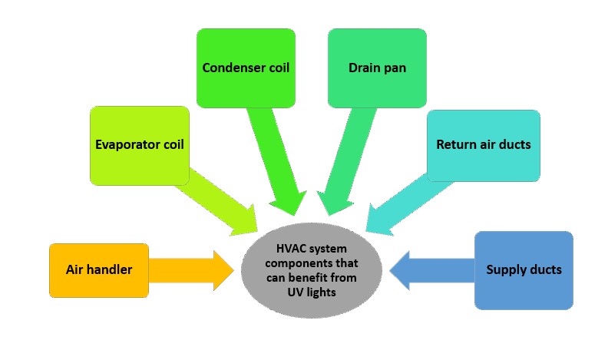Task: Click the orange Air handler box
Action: tap(97, 270)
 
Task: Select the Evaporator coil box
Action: tap(139, 145)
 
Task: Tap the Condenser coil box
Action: tap(246, 68)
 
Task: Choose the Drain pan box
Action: tap(377, 68)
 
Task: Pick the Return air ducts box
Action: tap(483, 144)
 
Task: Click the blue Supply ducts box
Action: tap(524, 270)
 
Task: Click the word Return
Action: tap(454, 144)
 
